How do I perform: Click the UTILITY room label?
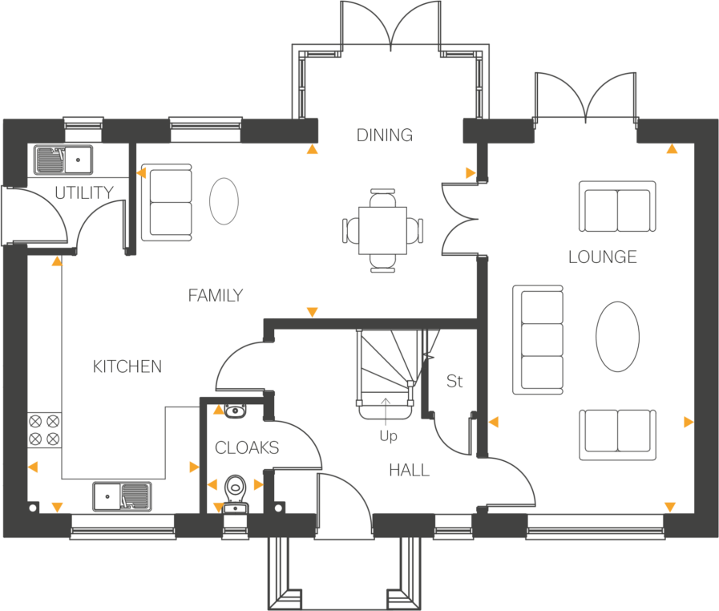84,192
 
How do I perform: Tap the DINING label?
385,136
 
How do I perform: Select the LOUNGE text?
603,257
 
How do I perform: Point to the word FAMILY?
216,295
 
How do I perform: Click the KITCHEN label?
127,366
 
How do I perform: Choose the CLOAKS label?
247,447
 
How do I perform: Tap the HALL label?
409,470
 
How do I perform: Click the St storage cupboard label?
454,381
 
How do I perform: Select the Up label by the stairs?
388,435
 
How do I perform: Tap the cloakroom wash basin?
235,411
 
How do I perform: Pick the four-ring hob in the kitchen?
44,430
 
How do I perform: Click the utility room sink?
63,160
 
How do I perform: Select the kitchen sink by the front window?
122,496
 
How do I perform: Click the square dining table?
382,230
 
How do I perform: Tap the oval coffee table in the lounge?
618,336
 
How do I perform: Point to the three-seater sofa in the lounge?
538,340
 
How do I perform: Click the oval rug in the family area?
224,201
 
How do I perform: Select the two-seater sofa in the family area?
167,202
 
